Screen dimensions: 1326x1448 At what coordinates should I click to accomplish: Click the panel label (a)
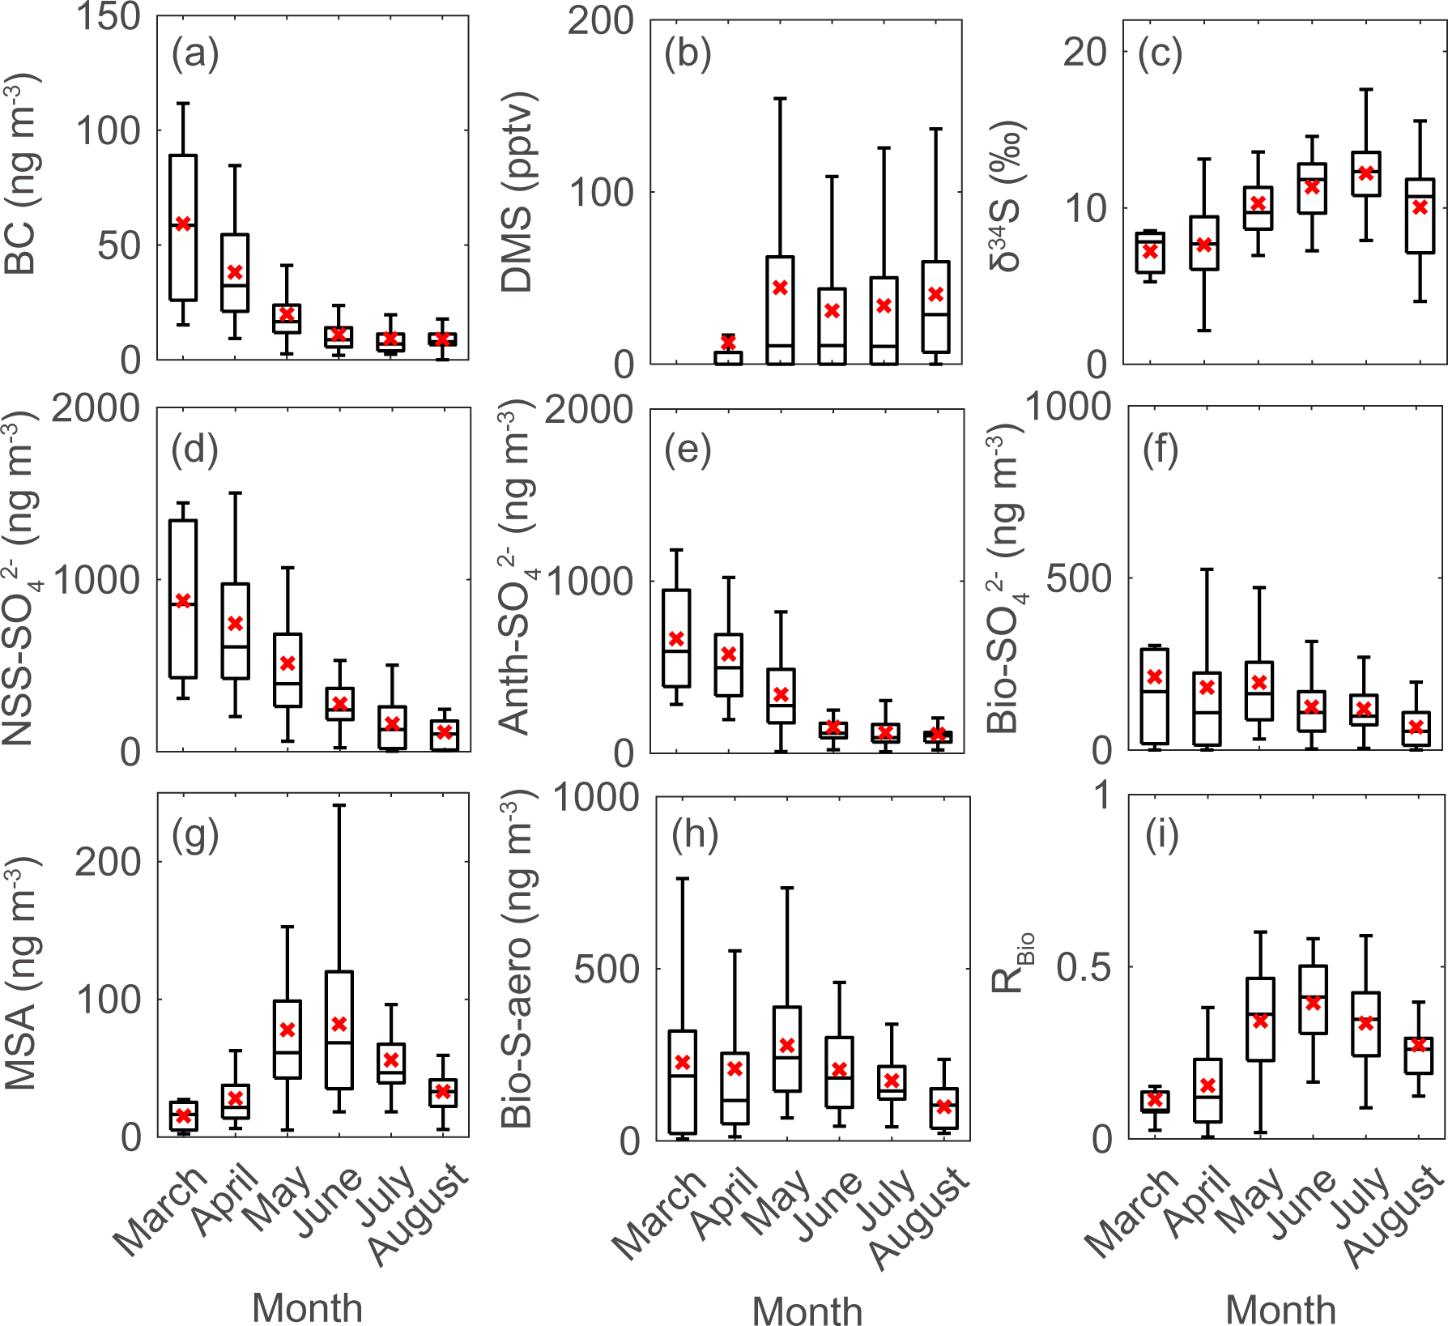(195, 55)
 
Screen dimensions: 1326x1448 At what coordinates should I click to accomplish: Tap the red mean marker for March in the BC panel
(184, 224)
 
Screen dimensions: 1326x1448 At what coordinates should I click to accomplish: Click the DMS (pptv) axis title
(517, 192)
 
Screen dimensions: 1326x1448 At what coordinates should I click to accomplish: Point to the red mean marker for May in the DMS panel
(780, 288)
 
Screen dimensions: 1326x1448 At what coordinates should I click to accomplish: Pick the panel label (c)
(1160, 55)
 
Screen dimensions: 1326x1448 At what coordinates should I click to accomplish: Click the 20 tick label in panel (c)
(1084, 53)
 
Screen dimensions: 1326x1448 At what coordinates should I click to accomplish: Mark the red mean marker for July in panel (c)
(1366, 173)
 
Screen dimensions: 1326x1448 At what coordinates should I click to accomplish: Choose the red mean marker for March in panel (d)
(184, 601)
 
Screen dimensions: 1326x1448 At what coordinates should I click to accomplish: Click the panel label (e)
(688, 450)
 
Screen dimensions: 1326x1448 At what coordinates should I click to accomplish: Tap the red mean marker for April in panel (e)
(729, 654)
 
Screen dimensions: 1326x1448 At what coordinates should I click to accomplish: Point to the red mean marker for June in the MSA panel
(339, 1024)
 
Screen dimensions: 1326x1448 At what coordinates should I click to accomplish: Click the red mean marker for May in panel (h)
(786, 1046)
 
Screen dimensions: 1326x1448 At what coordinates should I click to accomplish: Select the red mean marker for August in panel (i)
(1418, 1044)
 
